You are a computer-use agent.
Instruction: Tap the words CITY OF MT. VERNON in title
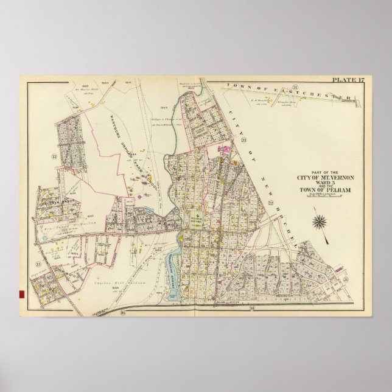point(321,177)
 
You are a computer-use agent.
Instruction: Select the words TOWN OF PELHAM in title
point(321,191)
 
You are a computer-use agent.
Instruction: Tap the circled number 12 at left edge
point(54,156)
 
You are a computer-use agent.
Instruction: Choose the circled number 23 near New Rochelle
point(243,141)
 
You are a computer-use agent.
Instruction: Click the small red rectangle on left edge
point(22,295)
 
